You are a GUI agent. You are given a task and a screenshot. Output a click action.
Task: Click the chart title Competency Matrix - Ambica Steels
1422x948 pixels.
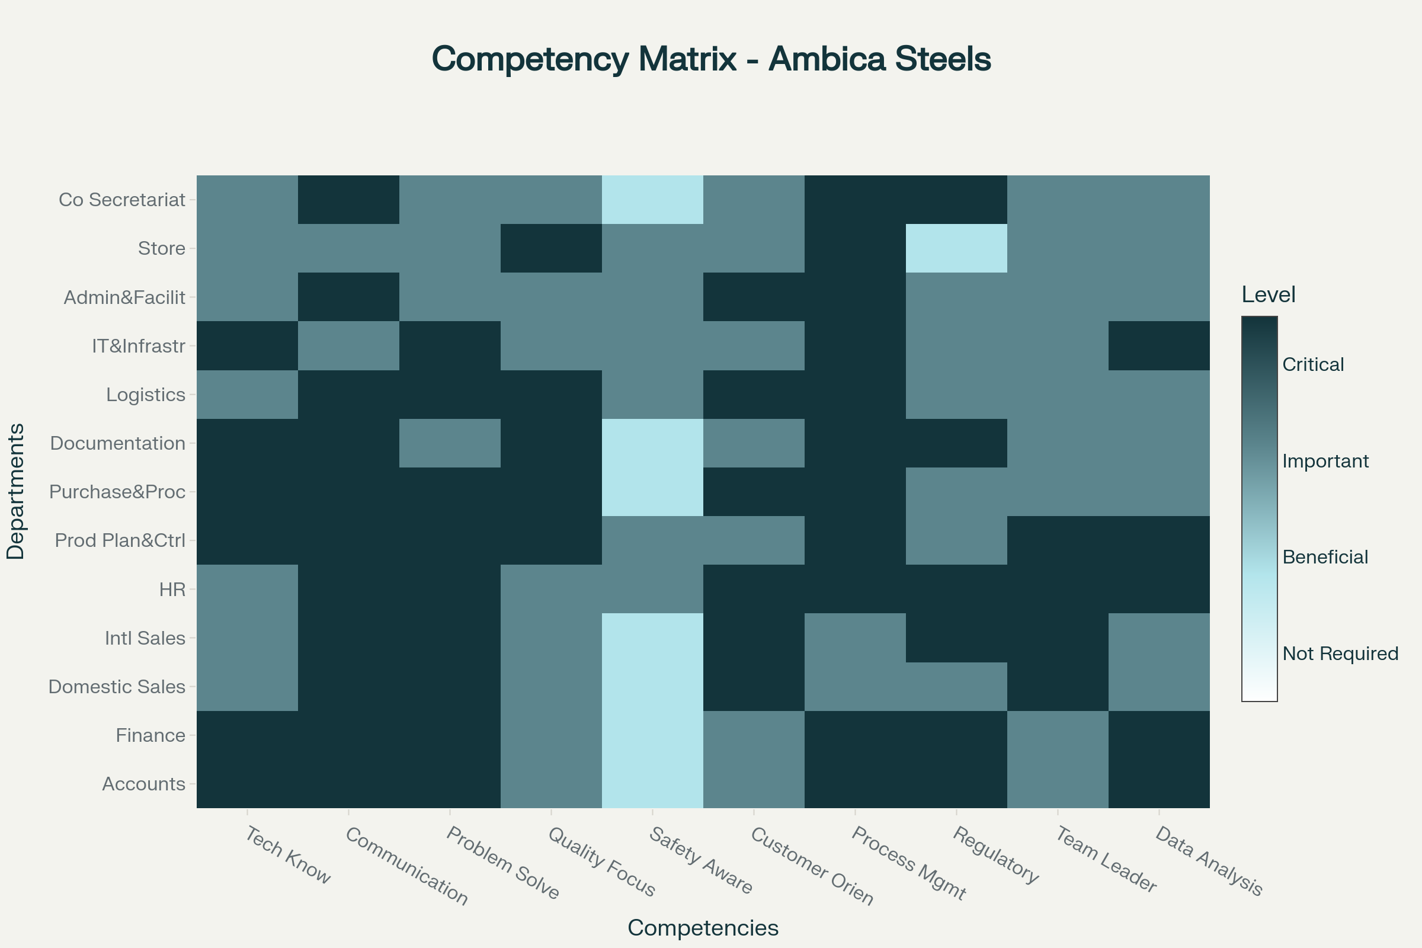click(x=711, y=59)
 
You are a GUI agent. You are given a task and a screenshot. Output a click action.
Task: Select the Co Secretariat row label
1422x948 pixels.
click(x=121, y=200)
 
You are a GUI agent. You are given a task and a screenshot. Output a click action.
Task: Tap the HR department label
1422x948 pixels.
click(x=172, y=589)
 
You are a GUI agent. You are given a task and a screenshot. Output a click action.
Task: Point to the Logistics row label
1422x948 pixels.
click(x=146, y=394)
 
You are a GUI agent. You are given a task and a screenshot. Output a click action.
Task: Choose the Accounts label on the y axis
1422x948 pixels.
click(x=144, y=783)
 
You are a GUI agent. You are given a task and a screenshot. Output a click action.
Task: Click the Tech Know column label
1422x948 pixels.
click(x=288, y=856)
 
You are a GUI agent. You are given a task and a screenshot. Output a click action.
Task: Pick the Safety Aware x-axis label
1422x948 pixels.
click(x=701, y=861)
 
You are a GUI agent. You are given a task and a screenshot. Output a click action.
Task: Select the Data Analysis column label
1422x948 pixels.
click(x=1209, y=861)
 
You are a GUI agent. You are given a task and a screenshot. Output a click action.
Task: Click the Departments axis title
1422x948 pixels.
click(x=16, y=491)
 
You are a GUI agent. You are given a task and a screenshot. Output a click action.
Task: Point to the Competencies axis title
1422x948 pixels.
click(x=703, y=927)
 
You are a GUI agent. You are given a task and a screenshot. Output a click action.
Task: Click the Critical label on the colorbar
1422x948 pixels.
click(x=1313, y=364)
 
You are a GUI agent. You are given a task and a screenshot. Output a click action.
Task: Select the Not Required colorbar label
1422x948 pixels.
click(x=1340, y=654)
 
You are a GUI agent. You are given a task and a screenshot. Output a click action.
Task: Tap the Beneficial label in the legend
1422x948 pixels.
click(x=1325, y=557)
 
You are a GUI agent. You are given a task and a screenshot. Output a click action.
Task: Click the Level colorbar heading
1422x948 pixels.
click(x=1269, y=295)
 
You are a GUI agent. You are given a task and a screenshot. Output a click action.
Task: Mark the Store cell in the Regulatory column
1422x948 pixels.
click(x=956, y=248)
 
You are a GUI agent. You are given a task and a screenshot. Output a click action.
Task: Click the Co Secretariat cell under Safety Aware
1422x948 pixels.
click(x=652, y=200)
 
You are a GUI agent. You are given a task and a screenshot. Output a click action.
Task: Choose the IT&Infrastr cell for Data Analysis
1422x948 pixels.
click(x=1159, y=346)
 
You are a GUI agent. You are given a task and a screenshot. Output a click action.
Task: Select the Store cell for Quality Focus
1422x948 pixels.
click(x=551, y=248)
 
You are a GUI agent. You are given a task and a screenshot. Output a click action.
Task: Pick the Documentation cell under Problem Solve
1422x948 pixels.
click(x=450, y=443)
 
